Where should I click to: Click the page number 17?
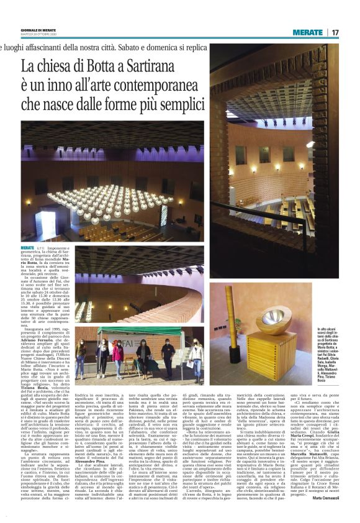(335, 32)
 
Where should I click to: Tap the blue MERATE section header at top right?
(308, 32)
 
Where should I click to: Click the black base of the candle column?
(236, 358)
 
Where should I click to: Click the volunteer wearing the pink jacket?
(118, 358)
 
